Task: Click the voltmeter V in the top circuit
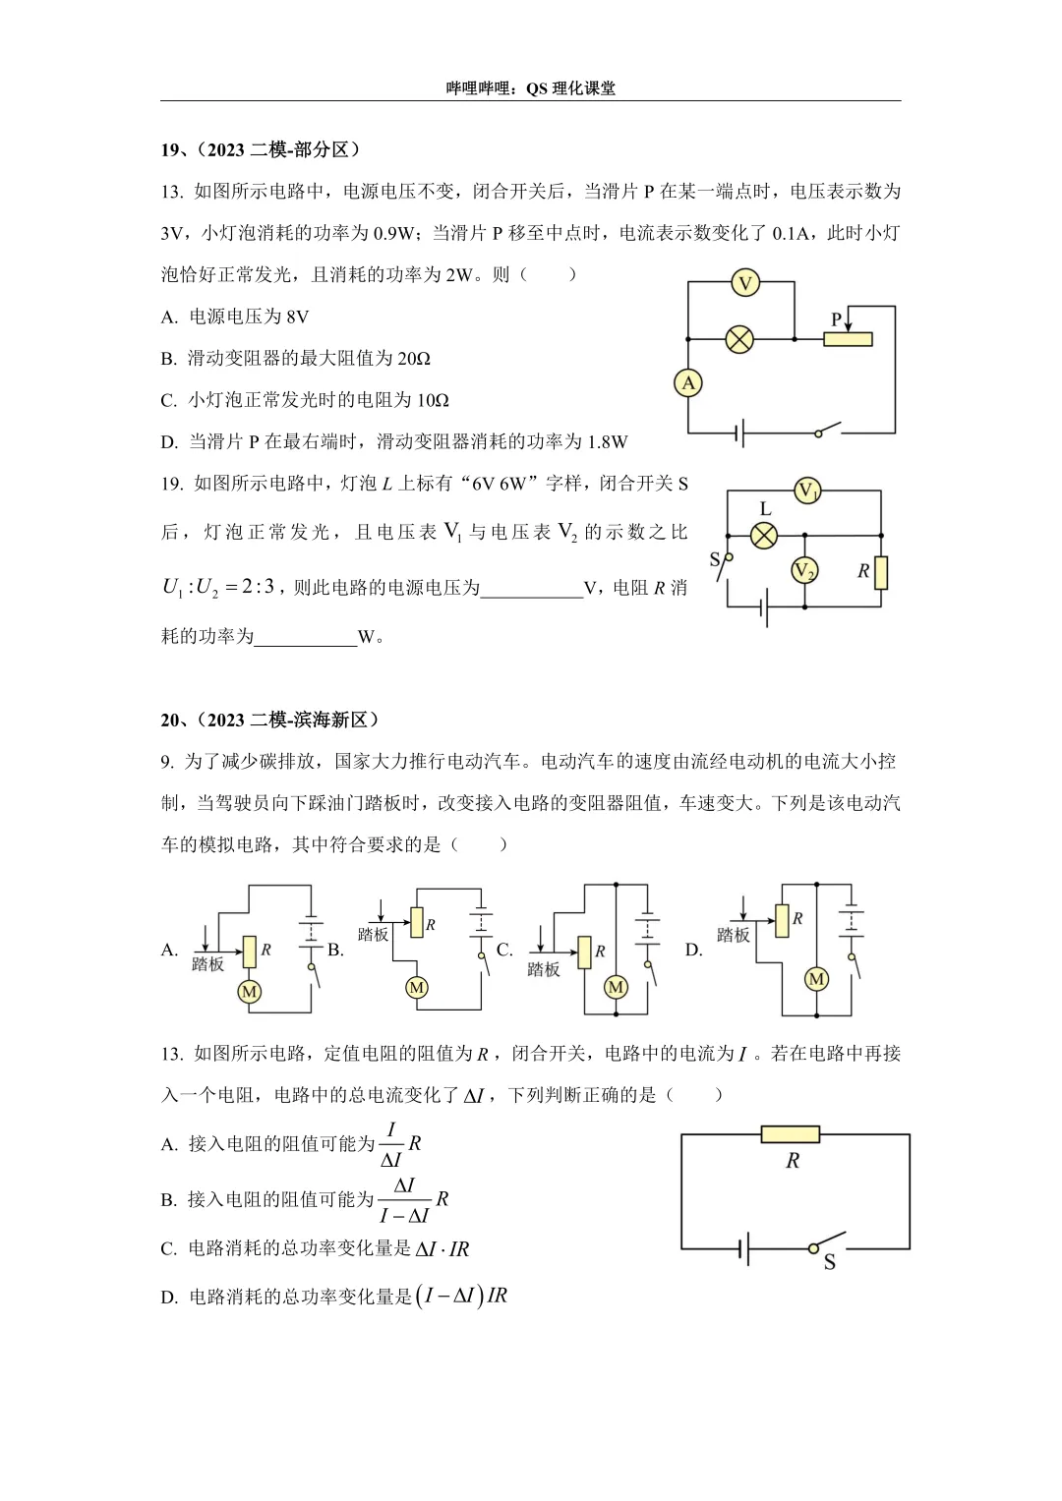(x=745, y=283)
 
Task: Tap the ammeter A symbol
(x=688, y=382)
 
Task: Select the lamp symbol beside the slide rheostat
(x=739, y=340)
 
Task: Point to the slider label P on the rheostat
(x=837, y=319)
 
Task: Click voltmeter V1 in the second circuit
(x=807, y=491)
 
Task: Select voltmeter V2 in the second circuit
(x=804, y=570)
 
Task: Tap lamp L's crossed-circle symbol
(x=764, y=535)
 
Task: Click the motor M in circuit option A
(x=249, y=992)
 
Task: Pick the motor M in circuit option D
(x=816, y=979)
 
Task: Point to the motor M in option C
(x=617, y=987)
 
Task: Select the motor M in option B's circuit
(x=417, y=987)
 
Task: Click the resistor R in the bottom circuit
(x=791, y=1134)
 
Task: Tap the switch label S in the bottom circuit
(x=829, y=1262)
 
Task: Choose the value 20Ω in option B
(x=413, y=359)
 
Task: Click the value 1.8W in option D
(x=607, y=442)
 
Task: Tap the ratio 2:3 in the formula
(x=258, y=587)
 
